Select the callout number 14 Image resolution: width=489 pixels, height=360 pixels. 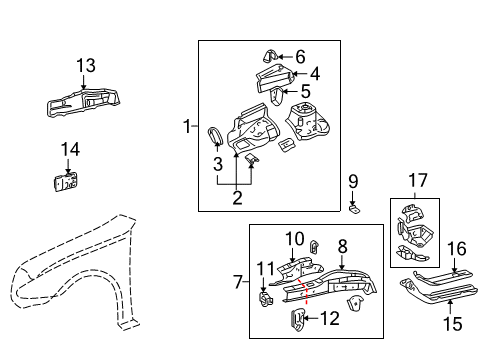[x=68, y=149]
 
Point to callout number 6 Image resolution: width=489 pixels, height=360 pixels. [x=298, y=56]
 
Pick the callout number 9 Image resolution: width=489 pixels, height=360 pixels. [x=352, y=181]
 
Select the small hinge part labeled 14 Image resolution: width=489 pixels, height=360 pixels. [x=67, y=182]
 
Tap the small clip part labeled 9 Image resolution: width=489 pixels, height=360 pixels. [x=355, y=208]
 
